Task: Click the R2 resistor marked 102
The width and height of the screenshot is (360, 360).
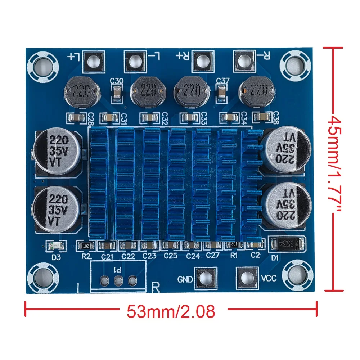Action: [86, 246]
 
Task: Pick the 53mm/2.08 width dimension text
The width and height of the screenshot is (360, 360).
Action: [171, 311]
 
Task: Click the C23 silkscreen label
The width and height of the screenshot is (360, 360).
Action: [149, 256]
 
